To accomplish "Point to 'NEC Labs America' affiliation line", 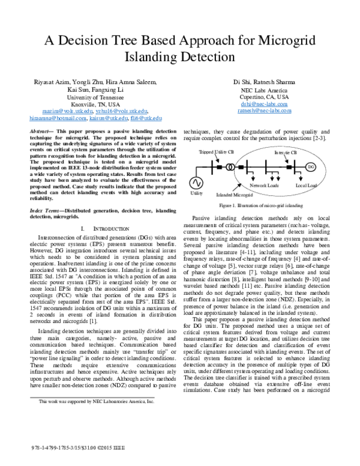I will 263,89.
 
